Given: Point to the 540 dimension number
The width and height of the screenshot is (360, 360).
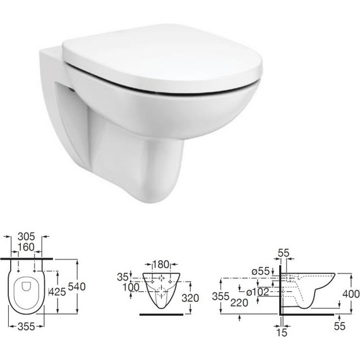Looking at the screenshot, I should (x=76, y=287).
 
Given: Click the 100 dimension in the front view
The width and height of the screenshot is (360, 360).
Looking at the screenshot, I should (x=131, y=287).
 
